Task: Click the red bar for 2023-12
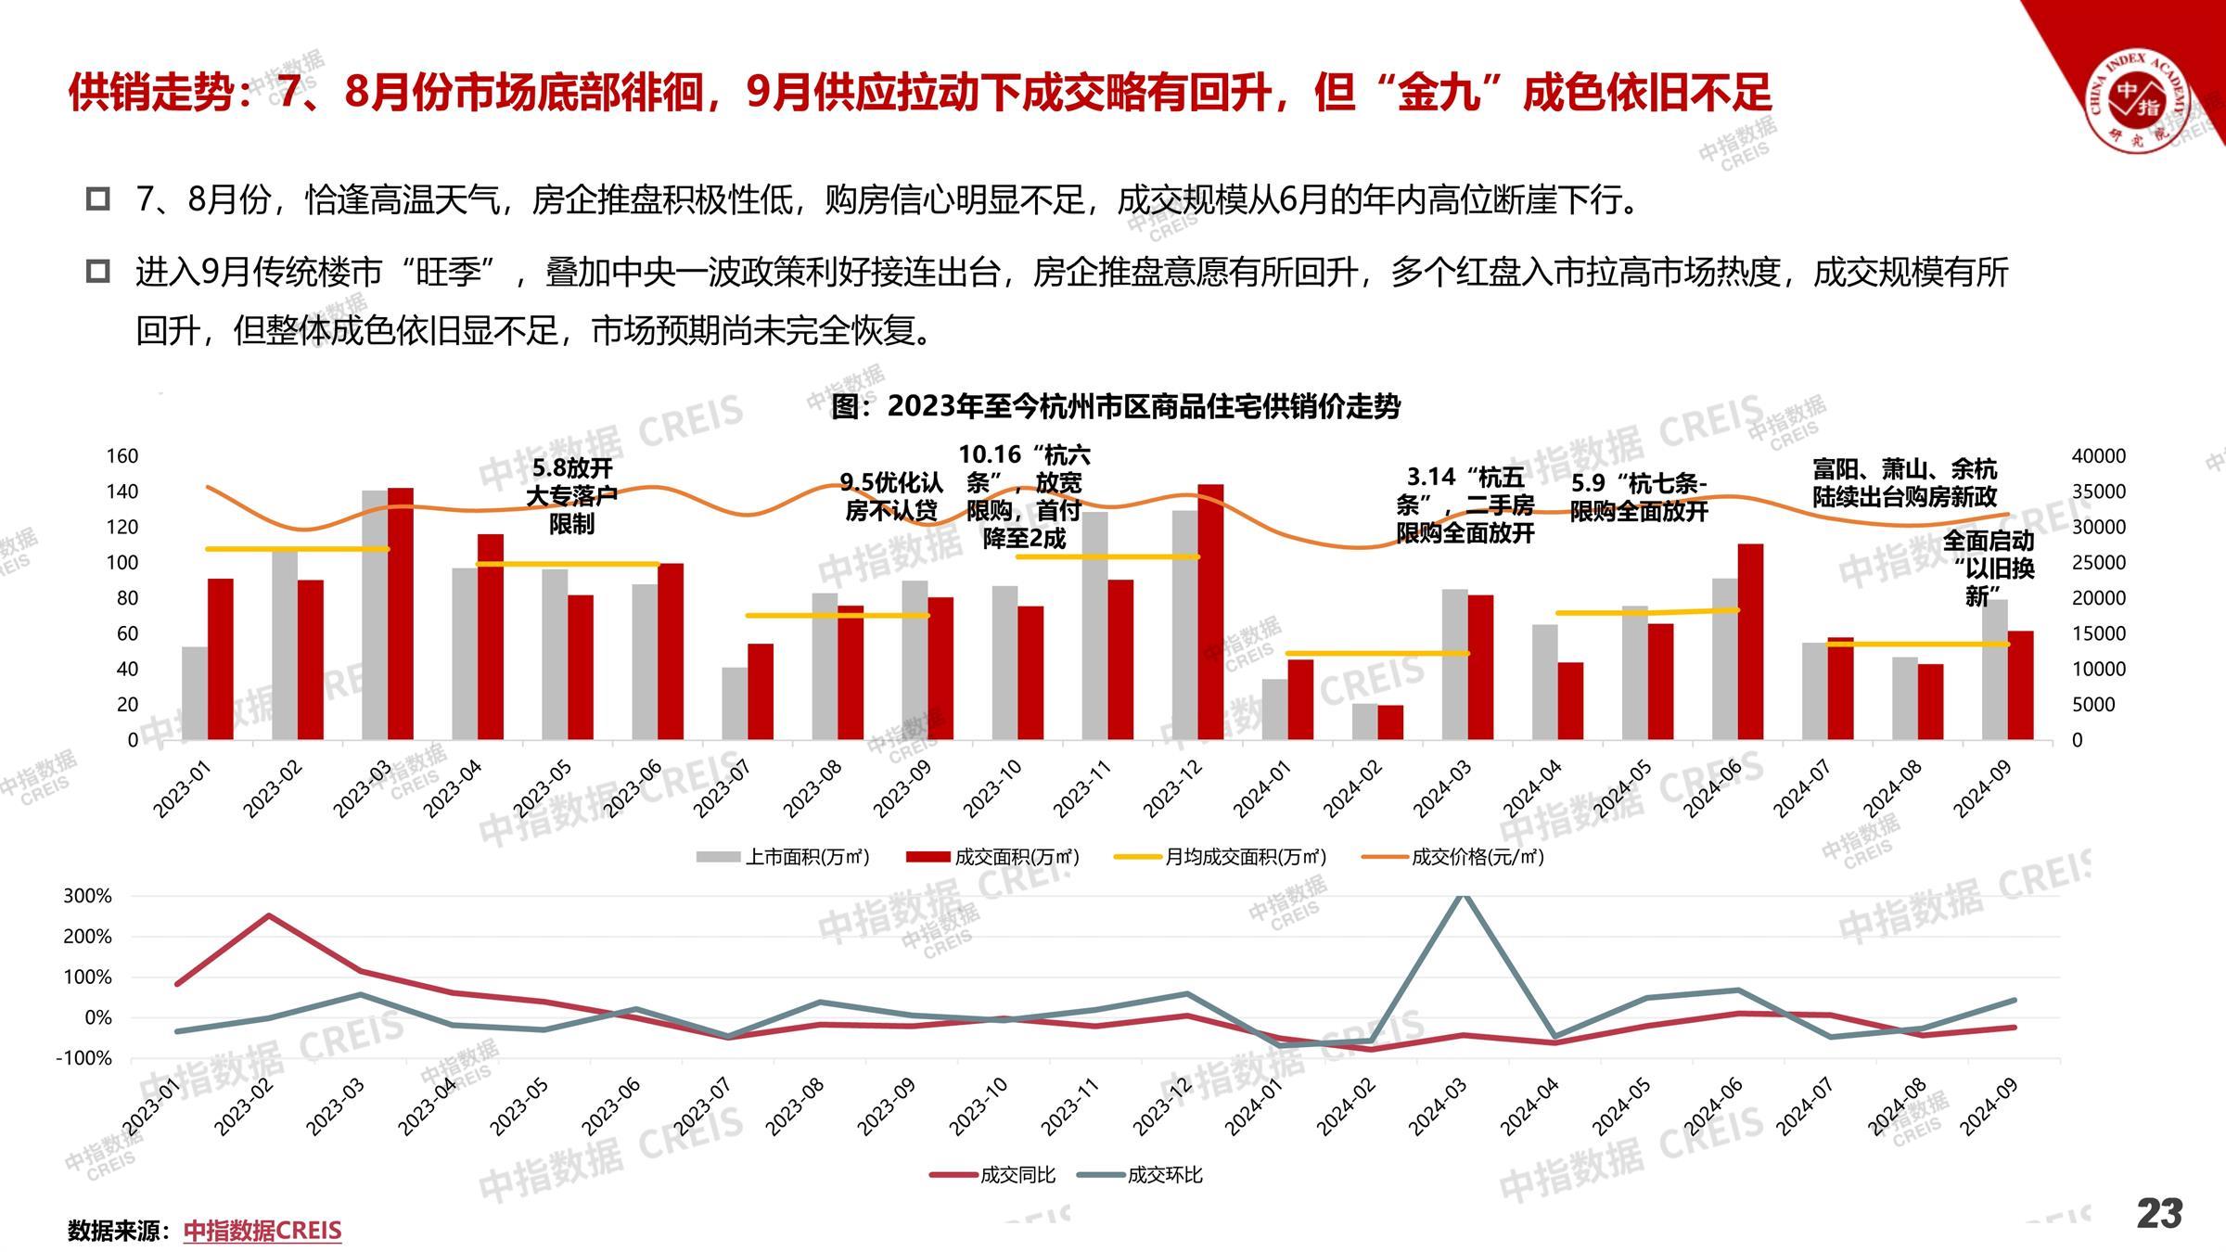coord(1210,612)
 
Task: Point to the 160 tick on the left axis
coord(122,456)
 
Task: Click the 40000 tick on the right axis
coord(2099,456)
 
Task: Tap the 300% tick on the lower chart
coord(87,896)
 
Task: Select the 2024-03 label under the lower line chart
coord(1438,1107)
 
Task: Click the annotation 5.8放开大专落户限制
coord(571,496)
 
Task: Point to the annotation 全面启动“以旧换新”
coord(1988,568)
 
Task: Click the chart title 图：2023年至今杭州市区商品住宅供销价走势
coord(1116,406)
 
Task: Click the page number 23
coord(2159,1214)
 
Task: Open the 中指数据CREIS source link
coord(262,1231)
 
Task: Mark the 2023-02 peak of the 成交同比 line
coord(269,915)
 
